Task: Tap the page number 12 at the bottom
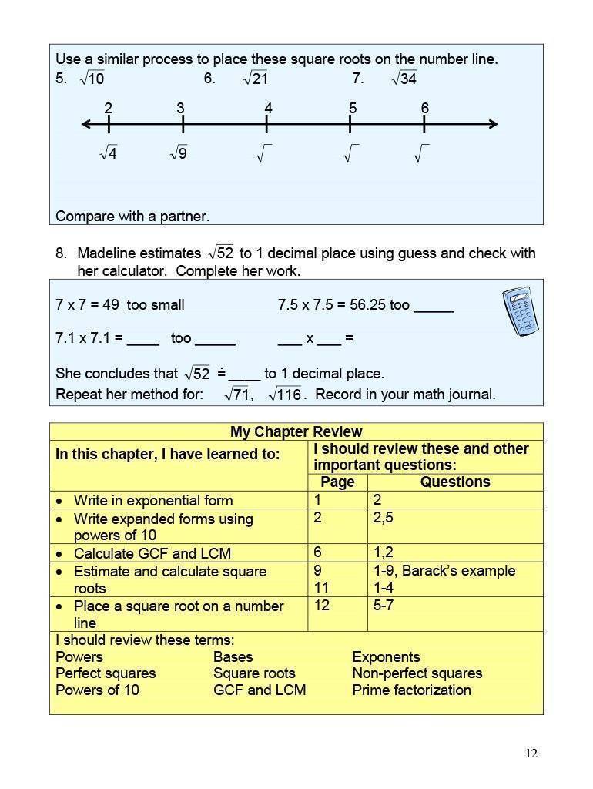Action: click(x=531, y=753)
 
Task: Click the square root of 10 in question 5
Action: click(x=92, y=79)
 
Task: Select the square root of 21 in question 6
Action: click(x=256, y=79)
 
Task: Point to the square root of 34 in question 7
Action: click(x=404, y=79)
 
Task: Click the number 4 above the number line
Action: click(x=268, y=109)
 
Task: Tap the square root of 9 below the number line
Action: click(x=179, y=153)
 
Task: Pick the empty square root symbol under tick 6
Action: click(x=421, y=154)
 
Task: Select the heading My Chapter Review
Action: click(x=296, y=431)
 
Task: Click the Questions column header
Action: click(x=455, y=482)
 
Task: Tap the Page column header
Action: click(x=337, y=482)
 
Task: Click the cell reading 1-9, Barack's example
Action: click(x=444, y=571)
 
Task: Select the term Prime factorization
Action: click(x=411, y=690)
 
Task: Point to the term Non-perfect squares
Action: click(x=417, y=673)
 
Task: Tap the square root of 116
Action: click(x=284, y=394)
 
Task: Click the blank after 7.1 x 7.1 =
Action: click(x=143, y=339)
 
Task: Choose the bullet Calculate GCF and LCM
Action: click(x=152, y=553)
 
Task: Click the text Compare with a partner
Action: click(x=132, y=217)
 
